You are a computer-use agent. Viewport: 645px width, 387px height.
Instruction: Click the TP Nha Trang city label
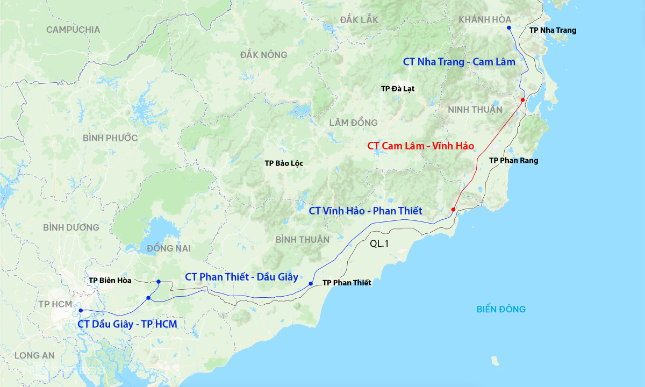click(x=553, y=30)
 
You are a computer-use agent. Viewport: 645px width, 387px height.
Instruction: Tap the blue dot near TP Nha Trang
click(x=508, y=28)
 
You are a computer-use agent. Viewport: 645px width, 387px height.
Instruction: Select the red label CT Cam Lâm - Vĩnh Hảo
click(x=421, y=146)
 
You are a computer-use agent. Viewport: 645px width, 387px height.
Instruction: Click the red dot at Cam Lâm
click(x=522, y=100)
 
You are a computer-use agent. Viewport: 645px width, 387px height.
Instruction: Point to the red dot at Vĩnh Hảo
click(x=453, y=209)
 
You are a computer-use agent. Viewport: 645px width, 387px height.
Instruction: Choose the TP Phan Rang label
click(x=513, y=161)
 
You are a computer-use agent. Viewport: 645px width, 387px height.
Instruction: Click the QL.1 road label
click(x=379, y=243)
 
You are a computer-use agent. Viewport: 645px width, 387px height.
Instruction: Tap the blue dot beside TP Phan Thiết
click(x=311, y=283)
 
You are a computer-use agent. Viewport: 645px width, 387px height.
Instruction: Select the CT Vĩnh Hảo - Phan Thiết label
click(x=365, y=211)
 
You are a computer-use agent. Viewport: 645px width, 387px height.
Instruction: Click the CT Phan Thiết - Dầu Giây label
click(x=241, y=277)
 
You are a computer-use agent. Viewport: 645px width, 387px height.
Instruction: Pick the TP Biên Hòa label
click(x=111, y=280)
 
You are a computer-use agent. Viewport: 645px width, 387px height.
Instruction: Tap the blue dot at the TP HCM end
click(x=81, y=311)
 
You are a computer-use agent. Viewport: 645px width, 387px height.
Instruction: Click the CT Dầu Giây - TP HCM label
click(x=127, y=324)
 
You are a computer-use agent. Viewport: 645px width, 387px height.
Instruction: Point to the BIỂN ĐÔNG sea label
click(x=501, y=309)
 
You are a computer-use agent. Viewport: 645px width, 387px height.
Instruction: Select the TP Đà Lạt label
click(x=397, y=89)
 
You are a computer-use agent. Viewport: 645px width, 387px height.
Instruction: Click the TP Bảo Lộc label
click(x=284, y=163)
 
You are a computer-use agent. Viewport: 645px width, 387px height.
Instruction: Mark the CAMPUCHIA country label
click(x=73, y=30)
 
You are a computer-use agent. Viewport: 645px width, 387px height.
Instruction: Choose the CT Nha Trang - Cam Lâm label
click(x=459, y=62)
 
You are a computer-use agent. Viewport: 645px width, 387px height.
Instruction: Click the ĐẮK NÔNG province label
click(x=264, y=55)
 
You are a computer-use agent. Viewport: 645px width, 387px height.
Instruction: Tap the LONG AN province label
click(x=34, y=355)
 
